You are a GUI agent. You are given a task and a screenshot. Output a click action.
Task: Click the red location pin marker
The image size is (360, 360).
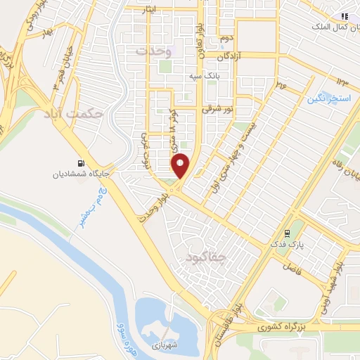[x=181, y=165]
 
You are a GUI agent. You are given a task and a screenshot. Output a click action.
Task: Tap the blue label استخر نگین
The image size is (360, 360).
[x=328, y=99]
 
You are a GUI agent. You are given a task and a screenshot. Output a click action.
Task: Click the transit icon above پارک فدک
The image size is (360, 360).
[x=287, y=233]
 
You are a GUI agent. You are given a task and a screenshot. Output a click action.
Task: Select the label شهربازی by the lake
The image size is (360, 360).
[x=166, y=346]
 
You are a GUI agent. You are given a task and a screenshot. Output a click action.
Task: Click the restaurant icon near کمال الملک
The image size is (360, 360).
[x=344, y=15]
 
